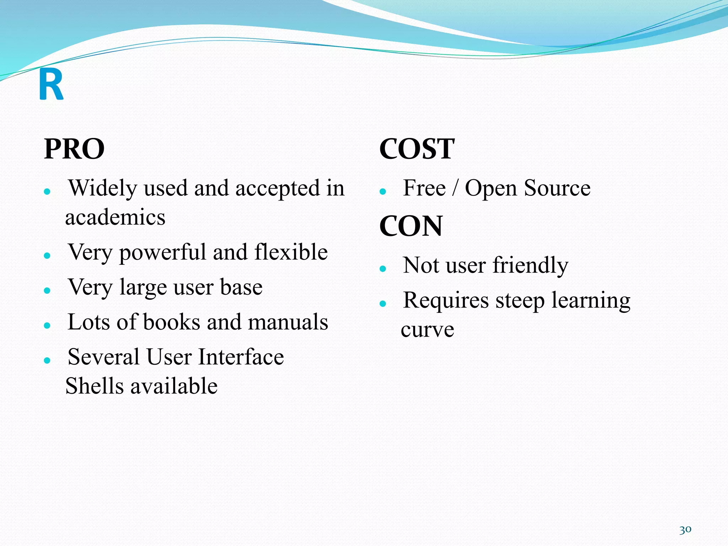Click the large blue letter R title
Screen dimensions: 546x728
pyautogui.click(x=51, y=85)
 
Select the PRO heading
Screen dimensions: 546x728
pyautogui.click(x=74, y=149)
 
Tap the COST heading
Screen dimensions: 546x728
pyautogui.click(x=417, y=149)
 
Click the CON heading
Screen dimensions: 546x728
pyautogui.click(x=411, y=226)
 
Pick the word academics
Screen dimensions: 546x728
pyautogui.click(x=115, y=217)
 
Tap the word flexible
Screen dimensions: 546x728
pyautogui.click(x=291, y=252)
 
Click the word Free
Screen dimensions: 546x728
pyautogui.click(x=424, y=188)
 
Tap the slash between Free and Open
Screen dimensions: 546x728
pyautogui.click(x=455, y=188)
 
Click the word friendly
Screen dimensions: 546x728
pyautogui.click(x=530, y=266)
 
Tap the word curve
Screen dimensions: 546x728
pyautogui.click(x=427, y=330)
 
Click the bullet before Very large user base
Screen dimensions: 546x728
pyautogui.click(x=47, y=290)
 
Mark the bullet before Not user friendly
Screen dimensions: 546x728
pyautogui.click(x=382, y=269)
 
